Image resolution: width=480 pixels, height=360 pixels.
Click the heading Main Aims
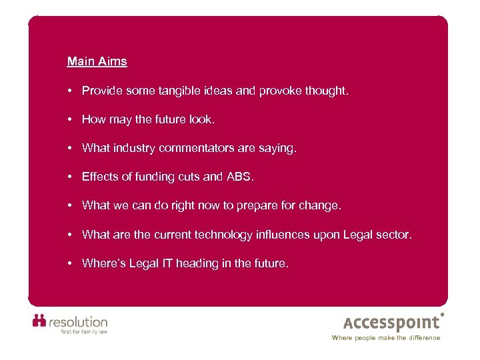pyautogui.click(x=97, y=62)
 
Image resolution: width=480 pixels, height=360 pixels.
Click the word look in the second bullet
pyautogui.click(x=201, y=119)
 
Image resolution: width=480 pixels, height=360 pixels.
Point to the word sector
pyautogui.click(x=395, y=235)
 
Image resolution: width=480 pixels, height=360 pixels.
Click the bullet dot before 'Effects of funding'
pyautogui.click(x=70, y=177)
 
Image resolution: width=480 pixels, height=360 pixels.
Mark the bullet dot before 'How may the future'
pyautogui.click(x=70, y=119)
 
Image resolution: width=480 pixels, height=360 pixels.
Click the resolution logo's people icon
pyautogui.click(x=40, y=321)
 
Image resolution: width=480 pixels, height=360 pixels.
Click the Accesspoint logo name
pyautogui.click(x=392, y=323)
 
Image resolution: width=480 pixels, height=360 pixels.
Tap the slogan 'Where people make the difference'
pyautogui.click(x=386, y=338)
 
